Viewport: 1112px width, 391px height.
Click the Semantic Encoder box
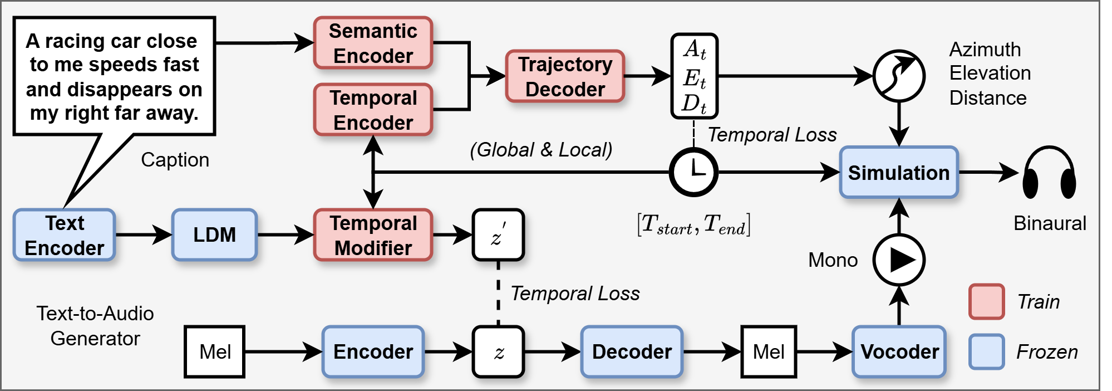373,43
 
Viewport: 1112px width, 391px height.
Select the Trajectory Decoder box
565,76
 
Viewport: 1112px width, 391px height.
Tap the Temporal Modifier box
373,235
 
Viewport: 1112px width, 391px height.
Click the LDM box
214,235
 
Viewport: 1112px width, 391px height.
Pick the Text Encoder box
65,235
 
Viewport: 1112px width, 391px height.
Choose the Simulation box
898,173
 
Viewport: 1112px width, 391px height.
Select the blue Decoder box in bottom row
632,351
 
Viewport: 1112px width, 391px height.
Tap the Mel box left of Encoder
215,351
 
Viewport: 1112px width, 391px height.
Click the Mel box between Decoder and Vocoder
769,351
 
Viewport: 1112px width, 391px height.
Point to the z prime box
498,235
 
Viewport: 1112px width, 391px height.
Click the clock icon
693,172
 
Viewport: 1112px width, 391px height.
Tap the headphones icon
1049,173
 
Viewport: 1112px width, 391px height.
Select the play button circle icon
899,260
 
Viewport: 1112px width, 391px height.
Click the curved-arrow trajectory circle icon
899,76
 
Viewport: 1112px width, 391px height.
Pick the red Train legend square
986,301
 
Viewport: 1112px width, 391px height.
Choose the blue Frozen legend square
986,351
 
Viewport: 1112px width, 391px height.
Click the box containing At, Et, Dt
694,76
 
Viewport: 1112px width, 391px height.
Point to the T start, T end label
693,224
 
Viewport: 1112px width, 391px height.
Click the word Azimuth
985,50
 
